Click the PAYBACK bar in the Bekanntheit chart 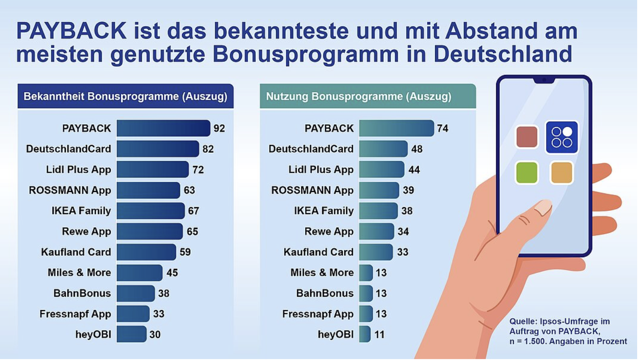[x=163, y=128]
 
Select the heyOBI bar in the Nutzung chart [x=365, y=334]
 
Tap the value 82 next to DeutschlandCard [x=208, y=149]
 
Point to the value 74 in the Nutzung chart [x=442, y=128]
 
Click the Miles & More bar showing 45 [x=139, y=273]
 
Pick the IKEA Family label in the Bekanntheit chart [x=81, y=211]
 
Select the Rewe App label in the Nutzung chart [x=329, y=231]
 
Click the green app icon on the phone [x=527, y=173]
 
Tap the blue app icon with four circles [x=562, y=137]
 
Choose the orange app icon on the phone [x=562, y=173]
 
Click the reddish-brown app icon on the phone [x=527, y=137]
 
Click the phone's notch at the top [x=544, y=81]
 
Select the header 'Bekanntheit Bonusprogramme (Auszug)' [x=125, y=97]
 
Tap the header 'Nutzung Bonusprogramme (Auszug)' [x=358, y=97]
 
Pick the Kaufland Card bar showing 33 [x=375, y=252]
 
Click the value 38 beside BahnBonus [x=164, y=293]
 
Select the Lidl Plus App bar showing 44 [x=381, y=169]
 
